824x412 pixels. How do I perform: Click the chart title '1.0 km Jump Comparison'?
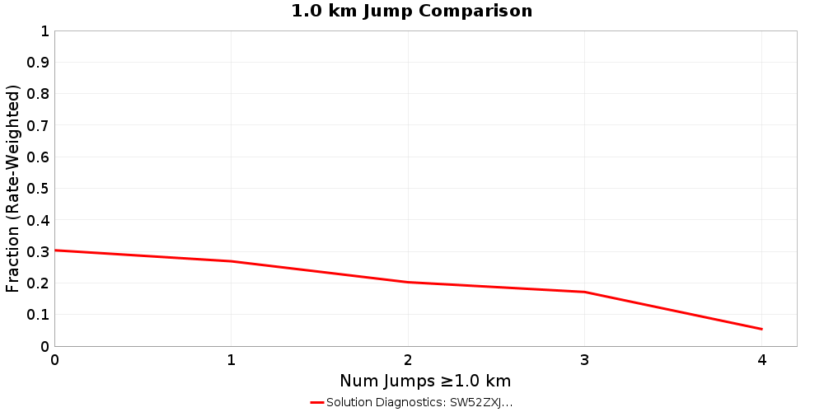[412, 12]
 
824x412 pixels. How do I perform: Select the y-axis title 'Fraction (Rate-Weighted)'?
[12, 189]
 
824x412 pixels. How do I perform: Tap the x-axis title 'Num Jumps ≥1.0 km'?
[425, 381]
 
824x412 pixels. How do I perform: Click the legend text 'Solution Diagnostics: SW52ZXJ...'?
[419, 402]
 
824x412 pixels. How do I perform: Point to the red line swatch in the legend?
[317, 402]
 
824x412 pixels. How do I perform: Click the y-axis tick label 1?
[44, 31]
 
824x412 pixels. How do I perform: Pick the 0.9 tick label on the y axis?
[38, 63]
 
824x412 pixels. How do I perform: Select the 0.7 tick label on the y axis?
[38, 126]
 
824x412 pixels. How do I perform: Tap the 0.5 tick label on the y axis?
[38, 189]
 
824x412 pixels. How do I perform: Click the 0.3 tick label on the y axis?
[38, 252]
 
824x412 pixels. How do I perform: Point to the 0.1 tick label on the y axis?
[38, 315]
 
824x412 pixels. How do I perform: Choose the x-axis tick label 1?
[232, 360]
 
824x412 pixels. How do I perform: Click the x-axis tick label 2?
[408, 360]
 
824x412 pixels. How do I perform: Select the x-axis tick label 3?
[585, 360]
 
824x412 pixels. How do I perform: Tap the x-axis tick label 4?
[761, 360]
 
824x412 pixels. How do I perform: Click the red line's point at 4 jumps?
[761, 329]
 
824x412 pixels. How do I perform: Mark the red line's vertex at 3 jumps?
[585, 292]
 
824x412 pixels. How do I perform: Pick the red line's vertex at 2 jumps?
[408, 282]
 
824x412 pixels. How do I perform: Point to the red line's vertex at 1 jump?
[232, 261]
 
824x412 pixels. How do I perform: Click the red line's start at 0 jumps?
[55, 250]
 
